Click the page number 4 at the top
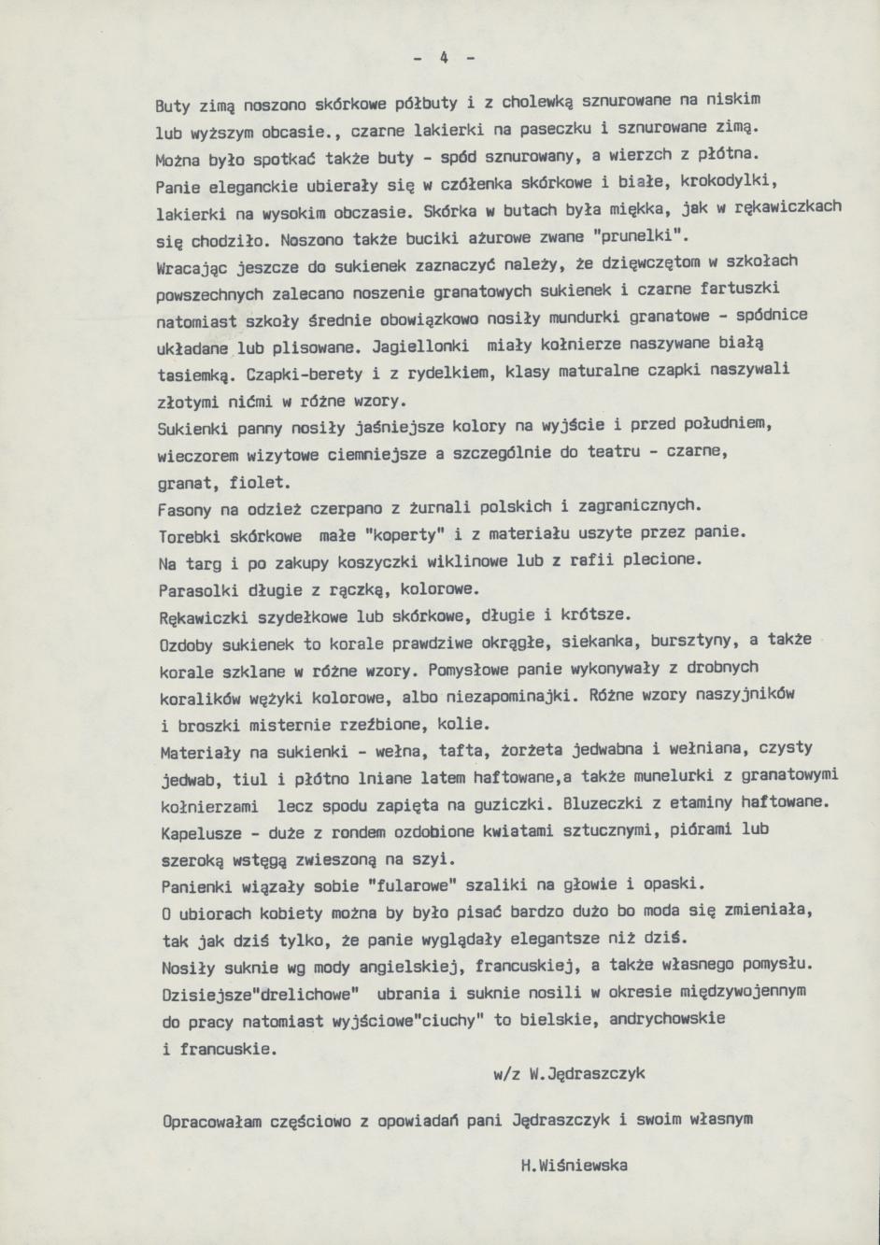[x=445, y=58]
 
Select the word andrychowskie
[x=666, y=1019]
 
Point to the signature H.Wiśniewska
[x=575, y=1165]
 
